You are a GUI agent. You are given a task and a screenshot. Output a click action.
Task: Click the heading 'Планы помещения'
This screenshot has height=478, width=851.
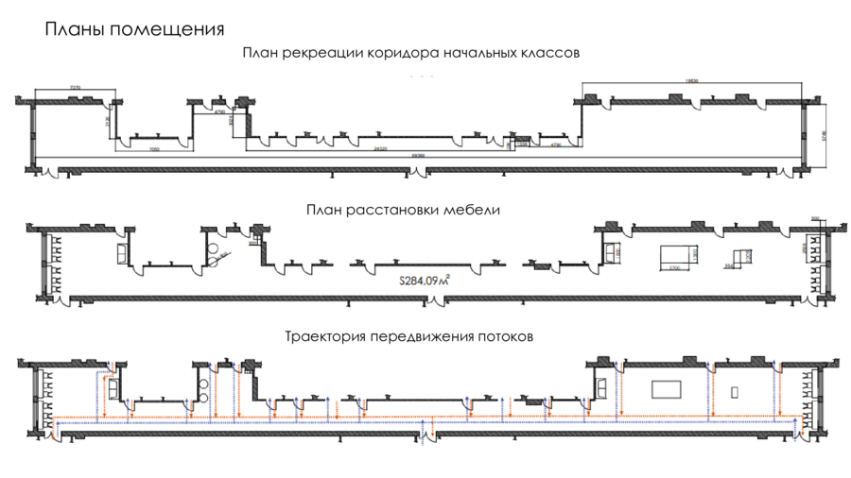pos(134,28)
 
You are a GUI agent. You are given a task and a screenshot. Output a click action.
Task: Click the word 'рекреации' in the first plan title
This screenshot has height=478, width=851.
pos(324,53)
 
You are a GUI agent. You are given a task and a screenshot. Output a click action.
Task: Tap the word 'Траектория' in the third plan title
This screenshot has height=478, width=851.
pos(325,336)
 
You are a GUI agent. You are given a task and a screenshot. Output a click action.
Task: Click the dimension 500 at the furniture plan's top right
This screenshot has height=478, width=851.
pos(816,216)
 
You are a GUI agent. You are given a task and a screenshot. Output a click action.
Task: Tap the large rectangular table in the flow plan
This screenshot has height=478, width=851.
pos(668,388)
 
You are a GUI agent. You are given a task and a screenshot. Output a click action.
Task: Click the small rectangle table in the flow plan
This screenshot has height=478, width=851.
pos(735,389)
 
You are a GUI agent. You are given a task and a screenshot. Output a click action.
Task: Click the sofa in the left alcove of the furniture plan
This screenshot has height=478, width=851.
pos(121,253)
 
